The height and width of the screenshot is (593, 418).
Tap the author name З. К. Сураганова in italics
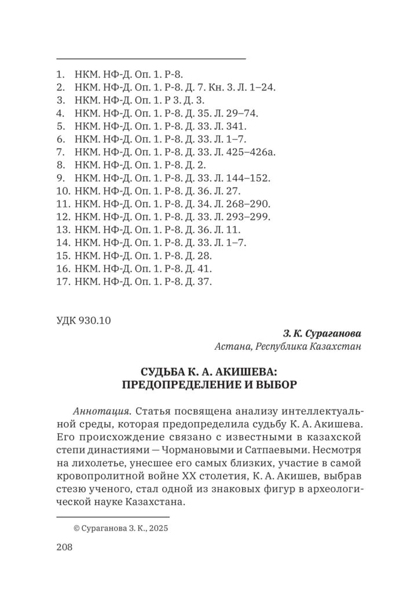point(322,334)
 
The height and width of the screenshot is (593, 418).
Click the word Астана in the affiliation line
point(229,347)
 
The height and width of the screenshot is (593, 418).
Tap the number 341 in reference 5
point(239,126)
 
